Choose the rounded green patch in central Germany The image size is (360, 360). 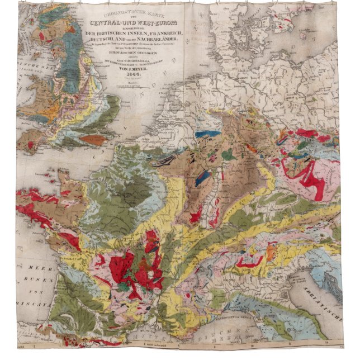[229, 155]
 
